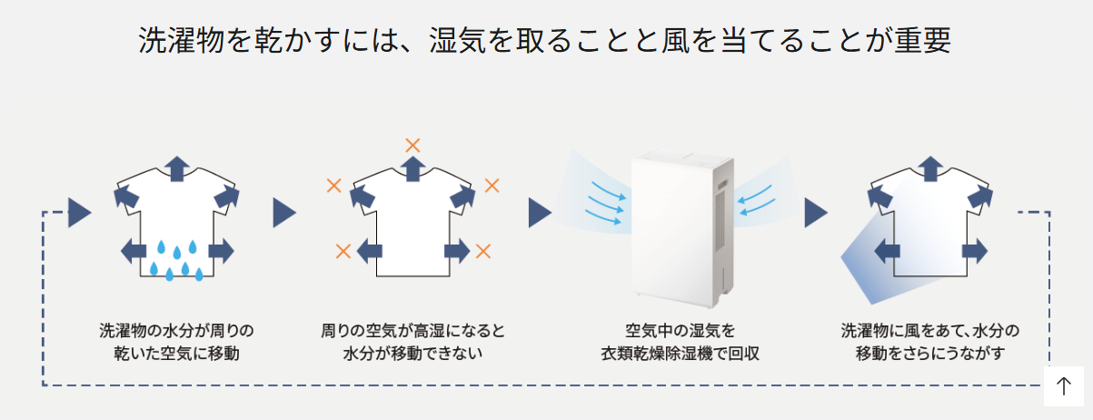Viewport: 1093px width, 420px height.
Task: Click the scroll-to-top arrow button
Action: tap(1064, 386)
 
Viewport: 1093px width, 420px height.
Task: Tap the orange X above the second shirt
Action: tap(412, 145)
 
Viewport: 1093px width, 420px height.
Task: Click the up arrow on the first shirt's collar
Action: tap(177, 169)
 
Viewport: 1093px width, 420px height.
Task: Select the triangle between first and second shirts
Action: tap(284, 213)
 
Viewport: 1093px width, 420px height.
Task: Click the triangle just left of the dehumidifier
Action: tap(540, 213)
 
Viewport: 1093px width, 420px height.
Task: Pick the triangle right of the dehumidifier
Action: tap(816, 213)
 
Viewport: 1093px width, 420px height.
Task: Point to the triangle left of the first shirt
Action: tap(80, 213)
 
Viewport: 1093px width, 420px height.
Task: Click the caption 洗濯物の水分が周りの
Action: tap(176, 331)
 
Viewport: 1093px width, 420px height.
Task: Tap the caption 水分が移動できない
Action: tap(412, 353)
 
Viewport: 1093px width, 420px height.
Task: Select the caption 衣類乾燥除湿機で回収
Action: tap(681, 353)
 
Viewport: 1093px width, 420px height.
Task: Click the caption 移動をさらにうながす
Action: tap(930, 353)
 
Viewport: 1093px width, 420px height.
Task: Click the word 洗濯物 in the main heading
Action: tap(182, 40)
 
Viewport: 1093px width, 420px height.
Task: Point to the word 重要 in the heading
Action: tap(923, 40)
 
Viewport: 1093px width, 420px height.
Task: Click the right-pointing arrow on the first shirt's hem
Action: tap(221, 251)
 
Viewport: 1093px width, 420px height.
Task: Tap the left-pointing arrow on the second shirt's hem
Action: tap(370, 251)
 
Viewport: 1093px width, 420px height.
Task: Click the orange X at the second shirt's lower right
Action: tap(483, 251)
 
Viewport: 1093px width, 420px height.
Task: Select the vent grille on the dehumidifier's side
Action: tap(720, 221)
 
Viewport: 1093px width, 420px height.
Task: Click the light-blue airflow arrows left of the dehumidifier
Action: tap(605, 203)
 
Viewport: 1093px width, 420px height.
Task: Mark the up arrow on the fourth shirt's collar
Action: tap(930, 169)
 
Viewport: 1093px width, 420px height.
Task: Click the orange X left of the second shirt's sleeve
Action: tap(333, 185)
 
